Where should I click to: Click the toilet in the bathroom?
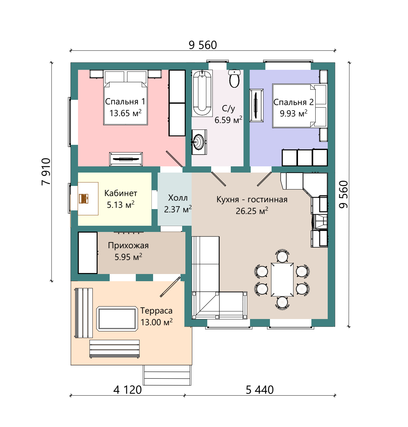[234, 78]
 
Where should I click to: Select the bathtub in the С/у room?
[202, 93]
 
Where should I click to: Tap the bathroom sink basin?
[199, 142]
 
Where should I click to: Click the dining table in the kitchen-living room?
[282, 280]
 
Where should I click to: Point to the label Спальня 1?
[125, 101]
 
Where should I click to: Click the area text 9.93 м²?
[293, 114]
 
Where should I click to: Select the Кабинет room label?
[120, 193]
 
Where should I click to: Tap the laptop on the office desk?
[84, 199]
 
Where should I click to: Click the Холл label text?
[178, 198]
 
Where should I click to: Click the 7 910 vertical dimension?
[46, 172]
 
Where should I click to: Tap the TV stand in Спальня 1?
[126, 159]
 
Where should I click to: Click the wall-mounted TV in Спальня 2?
[256, 105]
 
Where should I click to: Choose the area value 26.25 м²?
[252, 211]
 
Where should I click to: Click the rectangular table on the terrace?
[117, 319]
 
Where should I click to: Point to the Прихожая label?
[128, 245]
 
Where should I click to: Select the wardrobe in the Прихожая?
[87, 253]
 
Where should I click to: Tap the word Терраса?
[156, 311]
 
